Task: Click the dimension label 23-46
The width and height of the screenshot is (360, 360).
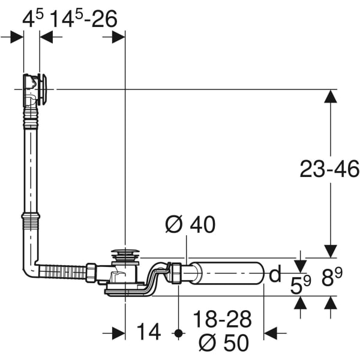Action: pyautogui.click(x=329, y=170)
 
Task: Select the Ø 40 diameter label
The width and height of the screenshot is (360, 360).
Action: pyautogui.click(x=190, y=224)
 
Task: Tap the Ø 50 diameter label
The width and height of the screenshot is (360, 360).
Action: pyautogui.click(x=223, y=342)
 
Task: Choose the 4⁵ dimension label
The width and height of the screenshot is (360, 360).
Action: pyautogui.click(x=33, y=19)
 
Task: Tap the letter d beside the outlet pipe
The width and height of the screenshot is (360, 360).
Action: pyautogui.click(x=275, y=275)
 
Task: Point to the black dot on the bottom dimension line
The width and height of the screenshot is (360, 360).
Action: pyautogui.click(x=178, y=332)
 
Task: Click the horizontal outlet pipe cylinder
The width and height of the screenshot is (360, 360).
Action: pyautogui.click(x=231, y=274)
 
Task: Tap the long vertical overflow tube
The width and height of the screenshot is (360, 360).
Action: pyautogui.click(x=31, y=162)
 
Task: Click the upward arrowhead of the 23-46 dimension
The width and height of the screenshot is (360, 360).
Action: pyautogui.click(x=330, y=96)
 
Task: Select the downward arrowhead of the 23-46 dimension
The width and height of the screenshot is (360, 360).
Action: pyautogui.click(x=330, y=251)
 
